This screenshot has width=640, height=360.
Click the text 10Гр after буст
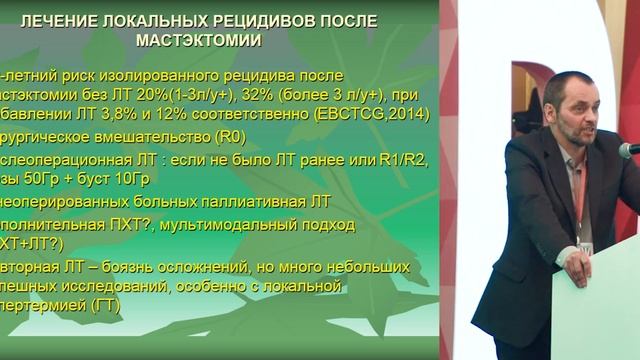[x=142, y=179]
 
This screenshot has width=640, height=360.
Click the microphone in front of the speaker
[x=629, y=150]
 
